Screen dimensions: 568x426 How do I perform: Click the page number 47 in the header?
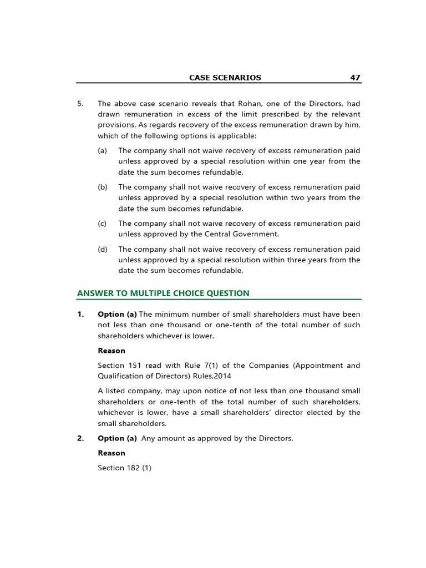[x=355, y=78]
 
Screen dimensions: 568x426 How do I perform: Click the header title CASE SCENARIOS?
[x=225, y=78]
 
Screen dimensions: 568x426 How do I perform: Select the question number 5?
[x=80, y=104]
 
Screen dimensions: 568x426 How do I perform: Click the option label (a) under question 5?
[x=102, y=151]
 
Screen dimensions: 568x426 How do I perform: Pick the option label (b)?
[x=103, y=187]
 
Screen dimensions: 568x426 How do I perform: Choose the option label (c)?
[x=102, y=224]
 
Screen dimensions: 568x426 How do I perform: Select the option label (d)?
[x=103, y=250]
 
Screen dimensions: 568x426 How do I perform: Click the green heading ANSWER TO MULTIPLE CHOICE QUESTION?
[x=163, y=293]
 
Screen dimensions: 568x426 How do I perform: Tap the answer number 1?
[x=80, y=315]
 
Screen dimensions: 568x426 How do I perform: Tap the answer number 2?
[x=80, y=439]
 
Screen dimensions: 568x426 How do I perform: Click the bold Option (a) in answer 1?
[x=117, y=315]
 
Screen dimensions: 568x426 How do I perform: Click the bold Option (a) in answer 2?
[x=117, y=439]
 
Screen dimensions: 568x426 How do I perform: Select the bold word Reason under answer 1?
[x=111, y=351]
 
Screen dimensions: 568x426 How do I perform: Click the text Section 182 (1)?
[x=124, y=468]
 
